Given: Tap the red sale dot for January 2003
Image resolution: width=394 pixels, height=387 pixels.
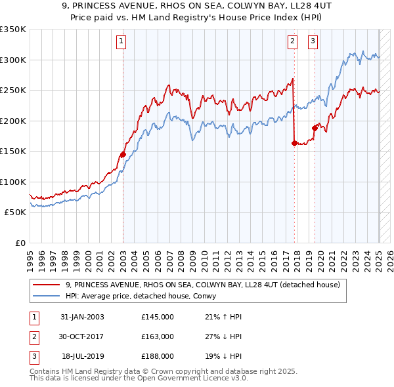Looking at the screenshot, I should [123, 155].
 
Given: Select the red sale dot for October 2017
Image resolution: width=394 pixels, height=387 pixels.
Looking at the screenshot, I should [294, 144].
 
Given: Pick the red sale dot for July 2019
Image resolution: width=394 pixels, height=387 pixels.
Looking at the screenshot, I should [315, 129].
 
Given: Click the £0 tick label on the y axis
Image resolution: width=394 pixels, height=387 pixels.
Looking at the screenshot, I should [19, 243].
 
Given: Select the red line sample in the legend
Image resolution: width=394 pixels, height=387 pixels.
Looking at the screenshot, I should [47, 285].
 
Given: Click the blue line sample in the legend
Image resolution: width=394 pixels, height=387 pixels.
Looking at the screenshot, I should [47, 296].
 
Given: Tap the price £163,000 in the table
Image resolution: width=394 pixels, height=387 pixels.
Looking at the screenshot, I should [158, 336].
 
